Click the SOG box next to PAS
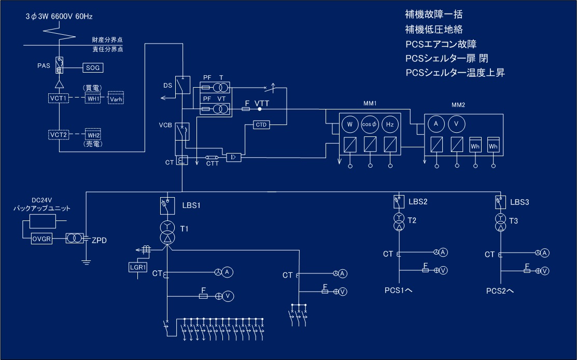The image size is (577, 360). tap(93, 68)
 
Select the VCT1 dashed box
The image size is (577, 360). tap(59, 98)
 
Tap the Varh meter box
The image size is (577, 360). tap(116, 98)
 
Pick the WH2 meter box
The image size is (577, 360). tap(93, 135)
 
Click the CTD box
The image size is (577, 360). tap(261, 125)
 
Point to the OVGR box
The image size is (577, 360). tap(41, 239)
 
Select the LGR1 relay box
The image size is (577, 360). tap(138, 267)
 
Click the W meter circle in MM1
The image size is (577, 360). tap(350, 124)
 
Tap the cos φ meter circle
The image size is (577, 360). tap(370, 124)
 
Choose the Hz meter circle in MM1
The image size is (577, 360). tap(390, 124)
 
